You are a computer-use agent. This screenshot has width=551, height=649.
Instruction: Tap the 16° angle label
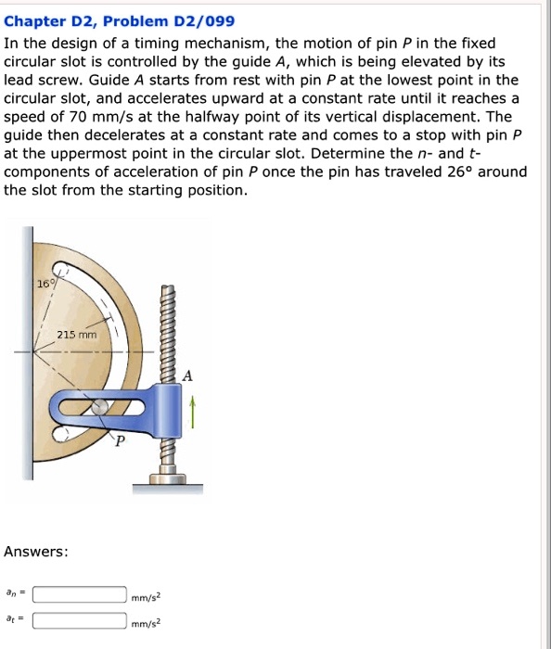point(45,284)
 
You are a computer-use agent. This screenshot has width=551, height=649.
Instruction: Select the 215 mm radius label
point(76,335)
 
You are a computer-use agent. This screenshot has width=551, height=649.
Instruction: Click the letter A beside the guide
point(188,375)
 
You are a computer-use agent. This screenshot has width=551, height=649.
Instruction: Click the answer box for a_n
point(80,594)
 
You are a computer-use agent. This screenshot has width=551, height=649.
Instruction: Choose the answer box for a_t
point(80,621)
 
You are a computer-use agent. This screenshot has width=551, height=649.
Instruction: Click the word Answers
point(35,551)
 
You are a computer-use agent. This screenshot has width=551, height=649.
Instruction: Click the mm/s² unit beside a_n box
point(147,597)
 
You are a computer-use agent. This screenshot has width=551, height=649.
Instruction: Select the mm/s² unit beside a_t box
point(147,624)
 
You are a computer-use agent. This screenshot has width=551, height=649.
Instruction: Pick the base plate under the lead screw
point(167,483)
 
